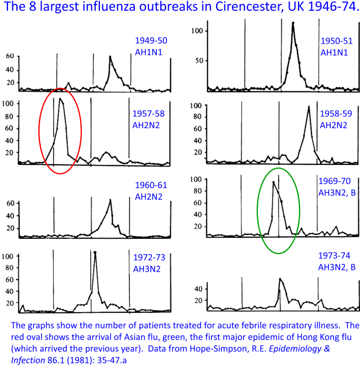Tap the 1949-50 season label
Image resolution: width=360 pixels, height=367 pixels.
click(x=151, y=41)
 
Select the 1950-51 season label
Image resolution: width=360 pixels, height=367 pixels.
click(x=337, y=41)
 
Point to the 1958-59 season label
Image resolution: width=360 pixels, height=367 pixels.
click(x=336, y=113)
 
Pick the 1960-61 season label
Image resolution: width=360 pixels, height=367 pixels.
click(x=151, y=185)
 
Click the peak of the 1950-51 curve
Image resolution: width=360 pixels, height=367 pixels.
click(x=293, y=23)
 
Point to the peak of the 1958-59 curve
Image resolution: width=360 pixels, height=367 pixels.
click(x=308, y=107)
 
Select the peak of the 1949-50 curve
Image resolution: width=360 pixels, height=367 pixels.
click(x=109, y=56)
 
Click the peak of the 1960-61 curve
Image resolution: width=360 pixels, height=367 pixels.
click(x=111, y=200)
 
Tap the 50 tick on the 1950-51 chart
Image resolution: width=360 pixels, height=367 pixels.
click(x=199, y=60)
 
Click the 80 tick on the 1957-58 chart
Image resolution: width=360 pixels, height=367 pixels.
click(x=8, y=116)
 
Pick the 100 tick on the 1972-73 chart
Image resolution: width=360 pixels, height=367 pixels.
click(x=8, y=256)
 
